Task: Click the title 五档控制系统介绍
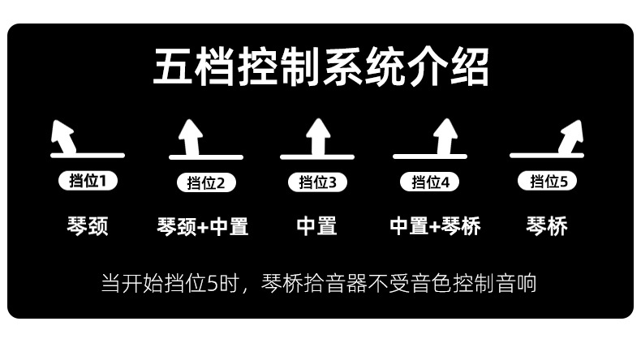(320, 68)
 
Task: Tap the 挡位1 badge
(88, 181)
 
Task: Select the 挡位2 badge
(206, 182)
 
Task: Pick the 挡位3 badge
(317, 182)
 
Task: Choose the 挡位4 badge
(430, 182)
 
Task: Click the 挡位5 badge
(548, 181)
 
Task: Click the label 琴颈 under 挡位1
(87, 225)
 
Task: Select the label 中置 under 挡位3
(316, 225)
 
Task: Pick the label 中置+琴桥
(435, 225)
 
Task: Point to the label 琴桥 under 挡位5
(547, 225)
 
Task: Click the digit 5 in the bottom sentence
(213, 284)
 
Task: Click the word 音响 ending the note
(518, 284)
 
